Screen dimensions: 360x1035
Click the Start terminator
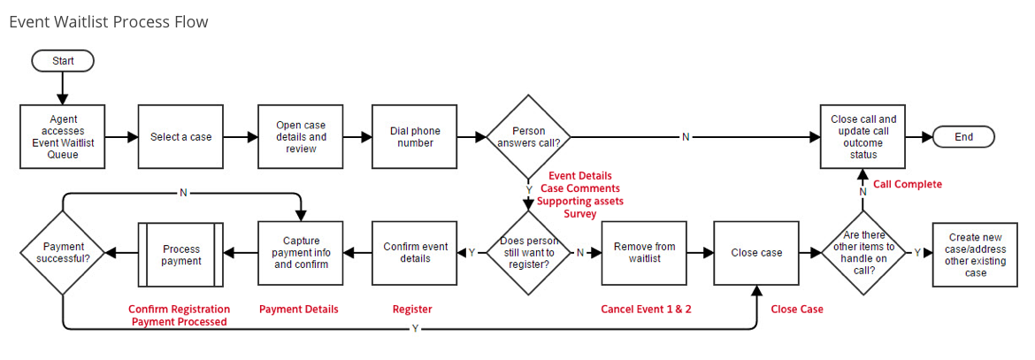(x=63, y=61)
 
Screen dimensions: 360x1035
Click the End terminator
(x=963, y=137)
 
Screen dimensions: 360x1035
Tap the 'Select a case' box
(x=181, y=137)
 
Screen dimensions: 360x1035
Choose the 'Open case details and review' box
(x=300, y=137)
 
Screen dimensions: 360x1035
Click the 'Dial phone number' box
(x=415, y=137)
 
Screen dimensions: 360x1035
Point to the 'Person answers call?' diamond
(x=529, y=137)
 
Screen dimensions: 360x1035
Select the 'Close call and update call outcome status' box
(x=862, y=136)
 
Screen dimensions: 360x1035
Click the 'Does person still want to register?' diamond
(x=529, y=252)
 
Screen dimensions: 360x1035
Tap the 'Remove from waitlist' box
(x=644, y=252)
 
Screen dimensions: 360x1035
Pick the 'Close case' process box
(x=756, y=252)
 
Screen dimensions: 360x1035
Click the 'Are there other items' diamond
(x=863, y=252)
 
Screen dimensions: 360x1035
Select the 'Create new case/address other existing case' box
(x=976, y=254)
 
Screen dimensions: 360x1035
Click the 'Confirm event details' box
(x=415, y=252)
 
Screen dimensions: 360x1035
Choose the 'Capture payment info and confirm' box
(x=300, y=252)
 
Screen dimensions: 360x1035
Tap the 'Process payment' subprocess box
(x=181, y=255)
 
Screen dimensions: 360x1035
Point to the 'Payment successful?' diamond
(x=63, y=252)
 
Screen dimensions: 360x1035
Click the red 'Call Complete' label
(x=908, y=184)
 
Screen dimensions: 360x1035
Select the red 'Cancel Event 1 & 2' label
(x=646, y=310)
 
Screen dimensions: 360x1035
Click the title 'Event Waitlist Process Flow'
(x=109, y=22)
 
